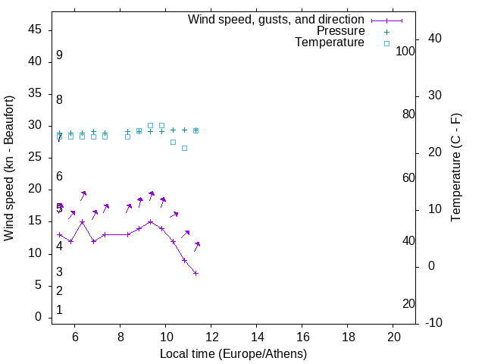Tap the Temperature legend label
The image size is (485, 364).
tap(330, 43)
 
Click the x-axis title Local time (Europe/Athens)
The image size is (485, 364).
tap(233, 354)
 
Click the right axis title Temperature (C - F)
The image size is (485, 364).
tap(455, 168)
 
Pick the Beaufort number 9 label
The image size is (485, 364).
tap(59, 55)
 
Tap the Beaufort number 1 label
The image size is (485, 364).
tap(59, 310)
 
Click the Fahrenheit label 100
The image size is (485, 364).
tap(405, 51)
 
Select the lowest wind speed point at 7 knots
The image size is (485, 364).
tap(196, 273)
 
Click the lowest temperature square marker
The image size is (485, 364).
tap(184, 148)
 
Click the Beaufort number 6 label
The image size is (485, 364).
tap(59, 177)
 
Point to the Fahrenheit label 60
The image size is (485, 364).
tap(408, 177)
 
